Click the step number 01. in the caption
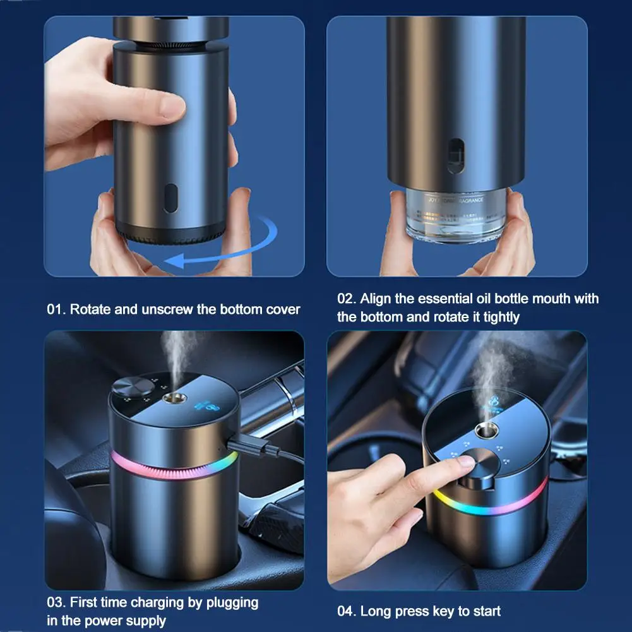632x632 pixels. pyautogui.click(x=56, y=309)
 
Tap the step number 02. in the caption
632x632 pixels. pyautogui.click(x=347, y=299)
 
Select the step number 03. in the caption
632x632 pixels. pyautogui.click(x=56, y=602)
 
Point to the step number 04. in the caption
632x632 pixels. pyautogui.click(x=347, y=611)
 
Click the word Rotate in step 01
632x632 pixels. pyautogui.click(x=90, y=309)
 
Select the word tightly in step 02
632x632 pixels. pyautogui.click(x=501, y=318)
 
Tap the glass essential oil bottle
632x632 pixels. pyautogui.click(x=456, y=217)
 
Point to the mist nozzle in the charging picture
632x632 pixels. pyautogui.click(x=174, y=398)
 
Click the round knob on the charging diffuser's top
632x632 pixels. pyautogui.click(x=133, y=387)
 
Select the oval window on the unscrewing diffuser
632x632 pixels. pyautogui.click(x=170, y=198)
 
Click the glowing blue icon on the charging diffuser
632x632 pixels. pyautogui.click(x=208, y=407)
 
